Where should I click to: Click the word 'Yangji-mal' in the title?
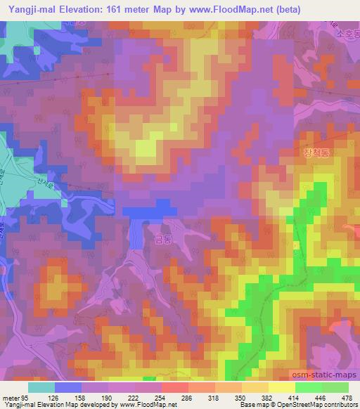29,8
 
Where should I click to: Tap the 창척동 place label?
317,151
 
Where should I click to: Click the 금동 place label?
162,240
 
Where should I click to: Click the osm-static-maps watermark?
322,373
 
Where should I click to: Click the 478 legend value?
347,397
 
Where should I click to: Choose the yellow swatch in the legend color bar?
282,387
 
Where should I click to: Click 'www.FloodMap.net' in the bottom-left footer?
149,405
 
